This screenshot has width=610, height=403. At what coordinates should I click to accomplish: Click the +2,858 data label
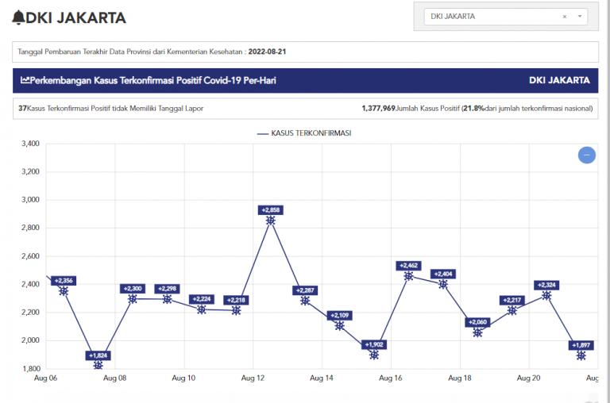(271, 210)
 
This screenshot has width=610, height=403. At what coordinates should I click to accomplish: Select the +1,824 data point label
(98, 355)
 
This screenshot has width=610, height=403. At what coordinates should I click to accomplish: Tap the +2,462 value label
(408, 266)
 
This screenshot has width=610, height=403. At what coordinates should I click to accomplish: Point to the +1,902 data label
(374, 344)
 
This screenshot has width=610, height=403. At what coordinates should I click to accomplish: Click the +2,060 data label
(477, 321)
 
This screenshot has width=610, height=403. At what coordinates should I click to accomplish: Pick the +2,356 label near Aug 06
(64, 281)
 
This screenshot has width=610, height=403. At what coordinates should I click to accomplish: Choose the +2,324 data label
(546, 285)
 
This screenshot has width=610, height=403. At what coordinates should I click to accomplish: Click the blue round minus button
(587, 155)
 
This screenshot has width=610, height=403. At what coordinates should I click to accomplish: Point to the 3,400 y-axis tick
(29, 144)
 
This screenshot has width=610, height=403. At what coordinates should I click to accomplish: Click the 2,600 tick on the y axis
(29, 256)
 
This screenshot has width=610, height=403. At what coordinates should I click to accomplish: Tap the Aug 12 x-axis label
(253, 379)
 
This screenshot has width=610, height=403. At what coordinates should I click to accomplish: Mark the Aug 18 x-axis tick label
(460, 379)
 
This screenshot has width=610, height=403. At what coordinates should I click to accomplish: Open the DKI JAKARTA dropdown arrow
(580, 16)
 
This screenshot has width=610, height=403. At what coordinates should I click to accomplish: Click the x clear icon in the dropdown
(564, 16)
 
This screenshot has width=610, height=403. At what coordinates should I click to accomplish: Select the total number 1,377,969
(378, 108)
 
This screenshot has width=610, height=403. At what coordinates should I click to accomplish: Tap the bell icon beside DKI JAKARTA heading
(18, 17)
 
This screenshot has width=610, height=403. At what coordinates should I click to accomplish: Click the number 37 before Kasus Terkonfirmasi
(22, 108)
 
